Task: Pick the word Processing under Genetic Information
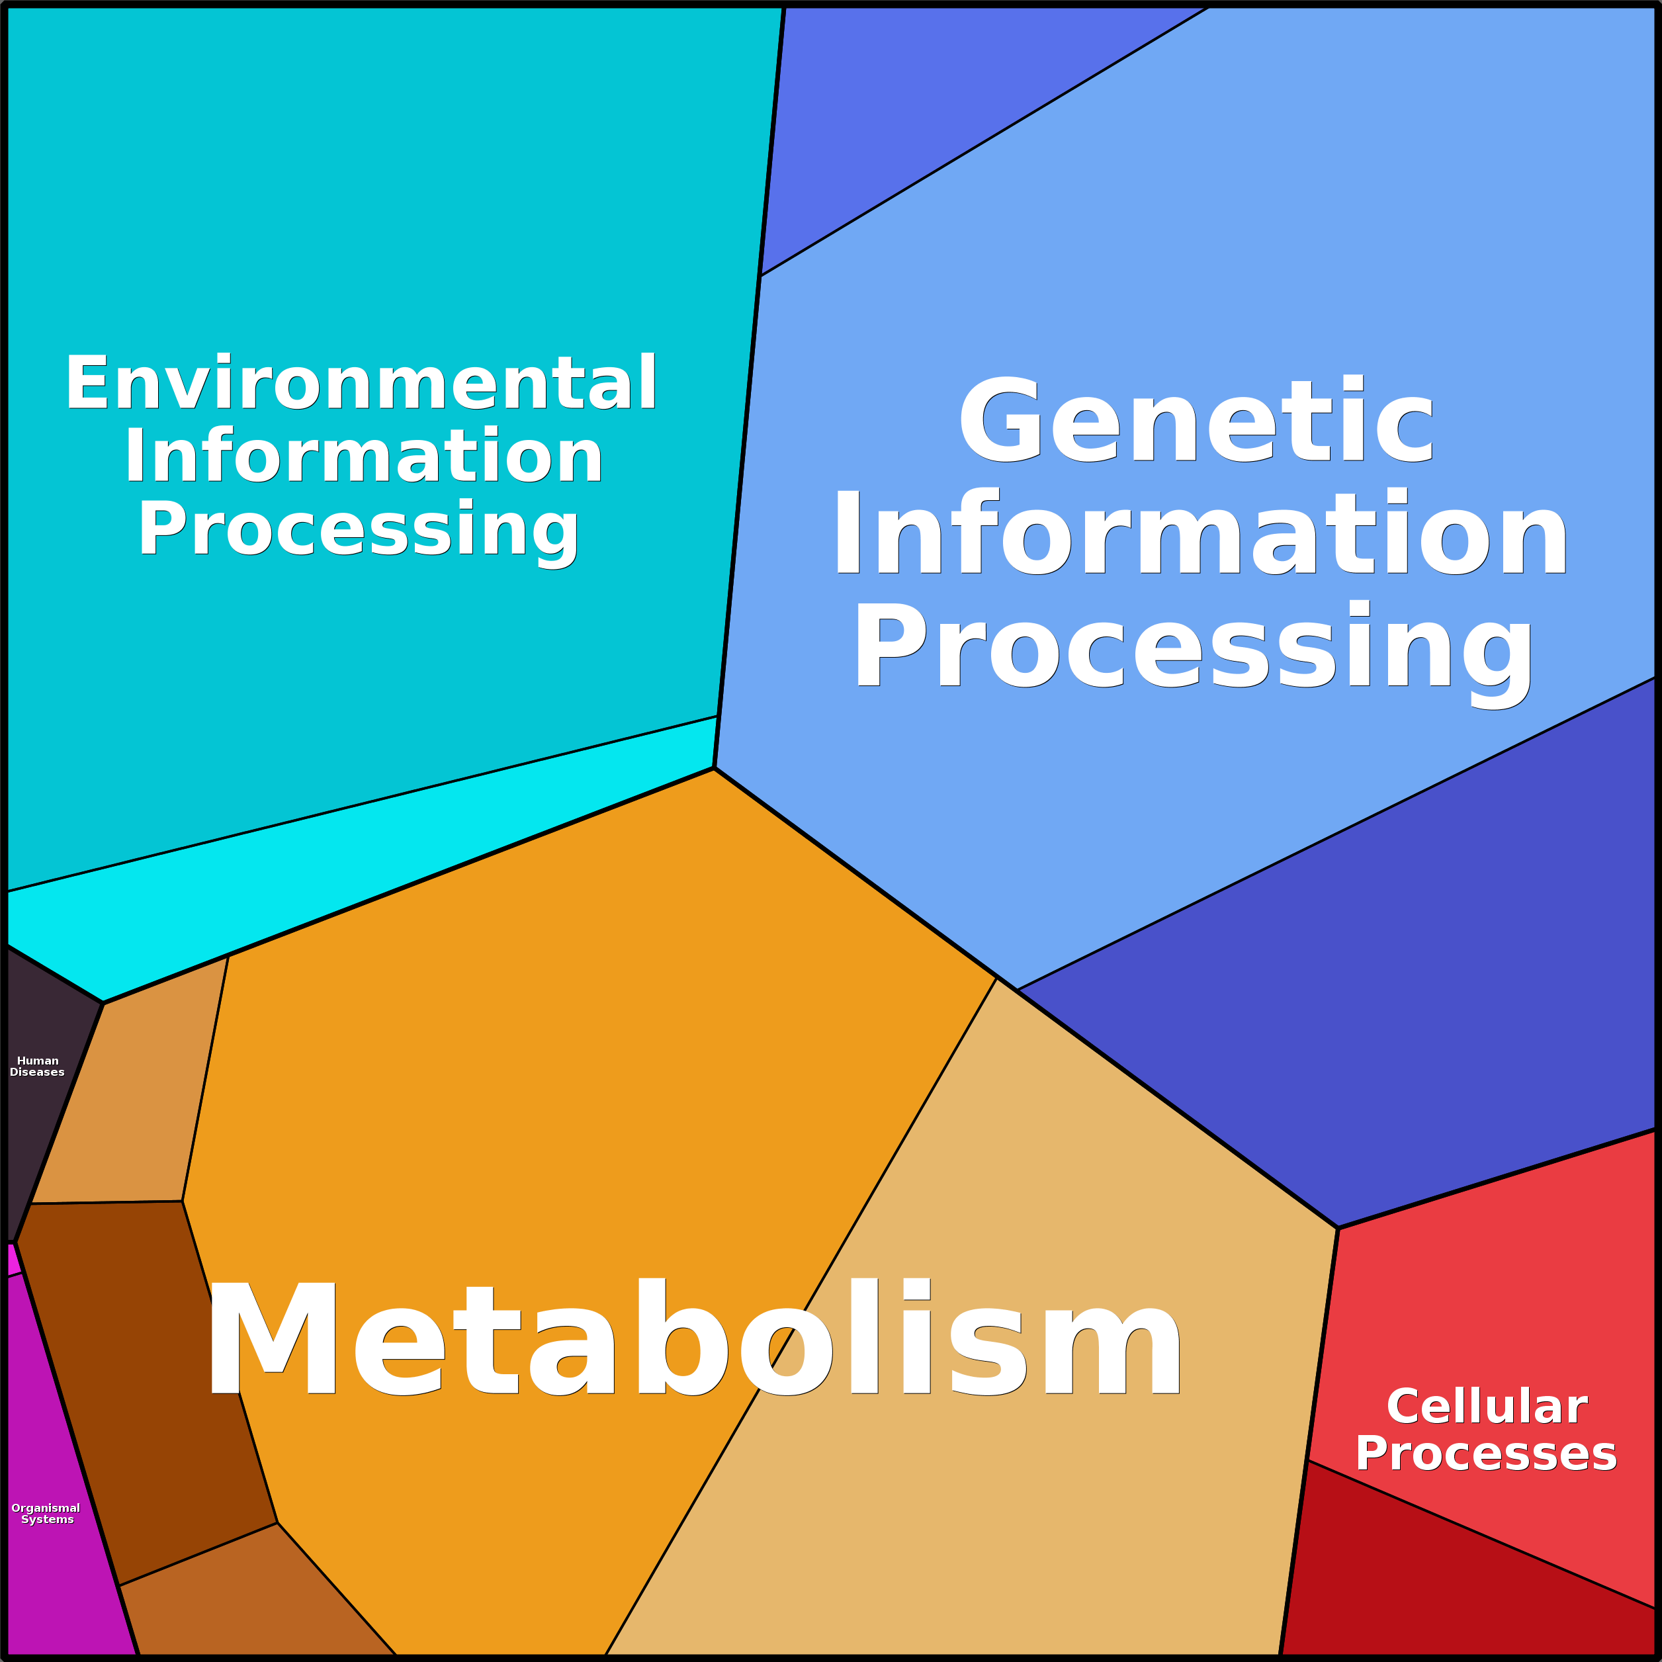[1193, 654]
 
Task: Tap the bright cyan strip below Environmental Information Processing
[344, 860]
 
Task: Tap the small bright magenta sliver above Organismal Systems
[12, 1260]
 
